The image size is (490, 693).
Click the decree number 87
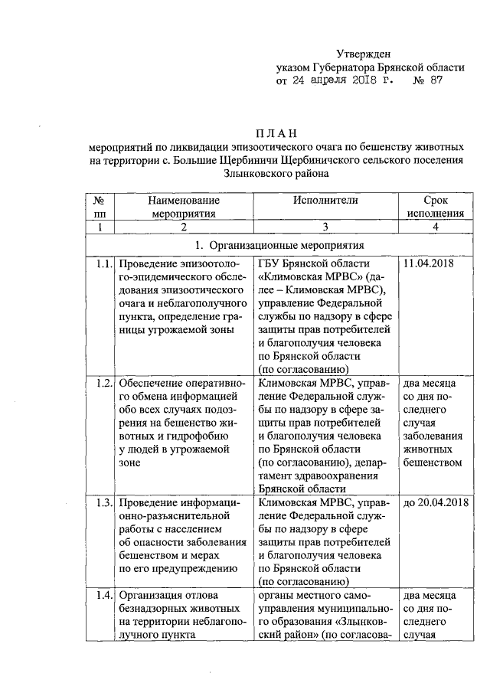(436, 80)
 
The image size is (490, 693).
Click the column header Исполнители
(325, 200)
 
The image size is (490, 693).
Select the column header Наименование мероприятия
(181, 206)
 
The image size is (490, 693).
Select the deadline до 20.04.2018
(430, 503)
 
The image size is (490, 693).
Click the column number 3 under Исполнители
(325, 227)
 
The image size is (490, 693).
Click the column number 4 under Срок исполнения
(436, 227)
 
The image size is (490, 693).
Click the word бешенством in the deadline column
(433, 463)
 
